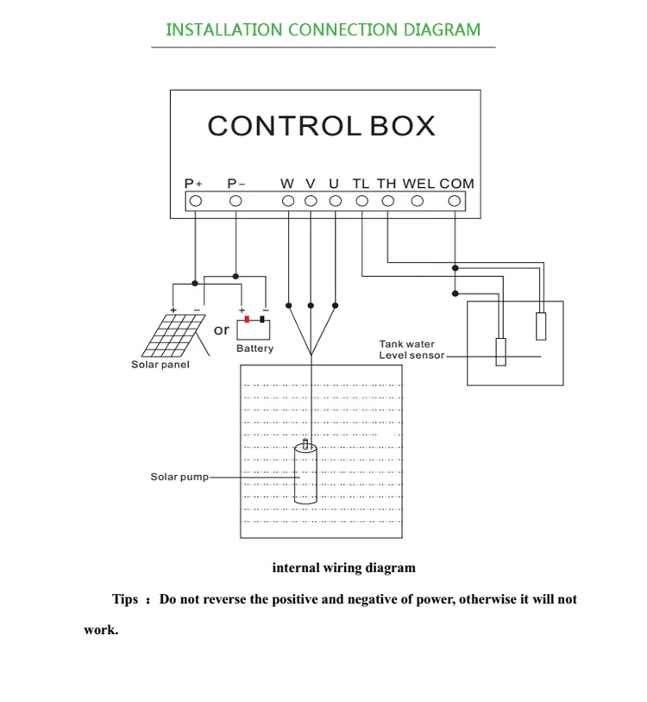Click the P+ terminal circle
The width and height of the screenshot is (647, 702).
195,201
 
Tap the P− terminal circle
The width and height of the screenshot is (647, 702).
236,201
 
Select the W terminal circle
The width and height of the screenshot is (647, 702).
288,201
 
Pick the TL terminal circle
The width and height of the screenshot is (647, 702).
361,201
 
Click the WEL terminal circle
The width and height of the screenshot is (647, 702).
418,201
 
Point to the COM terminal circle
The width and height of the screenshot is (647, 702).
455,201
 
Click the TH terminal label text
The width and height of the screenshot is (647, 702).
386,184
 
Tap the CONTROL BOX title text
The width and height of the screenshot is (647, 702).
321,126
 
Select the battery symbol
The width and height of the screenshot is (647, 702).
254,329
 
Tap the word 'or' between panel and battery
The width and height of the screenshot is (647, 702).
222,329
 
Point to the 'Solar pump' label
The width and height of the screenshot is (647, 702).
179,477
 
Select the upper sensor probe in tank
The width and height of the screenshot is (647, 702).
541,325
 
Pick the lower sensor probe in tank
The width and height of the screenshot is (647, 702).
499,352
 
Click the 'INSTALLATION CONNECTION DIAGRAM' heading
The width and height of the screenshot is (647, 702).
323,30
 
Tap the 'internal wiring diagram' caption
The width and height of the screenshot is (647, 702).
343,567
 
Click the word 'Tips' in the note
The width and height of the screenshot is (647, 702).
125,599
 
